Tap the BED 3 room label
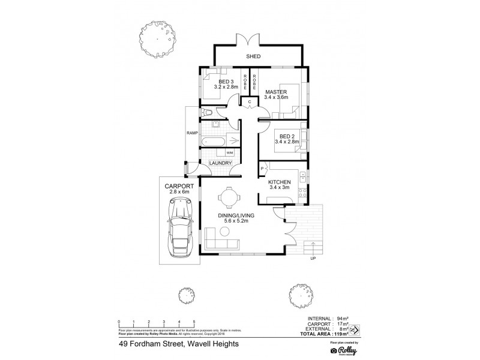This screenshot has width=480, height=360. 225,82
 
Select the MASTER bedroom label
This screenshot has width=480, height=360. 276,92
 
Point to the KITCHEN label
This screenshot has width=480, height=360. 280,181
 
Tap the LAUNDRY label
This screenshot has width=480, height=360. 220,163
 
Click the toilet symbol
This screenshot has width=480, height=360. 208,113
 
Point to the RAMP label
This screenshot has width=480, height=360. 192,133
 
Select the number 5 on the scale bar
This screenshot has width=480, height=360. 194,322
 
